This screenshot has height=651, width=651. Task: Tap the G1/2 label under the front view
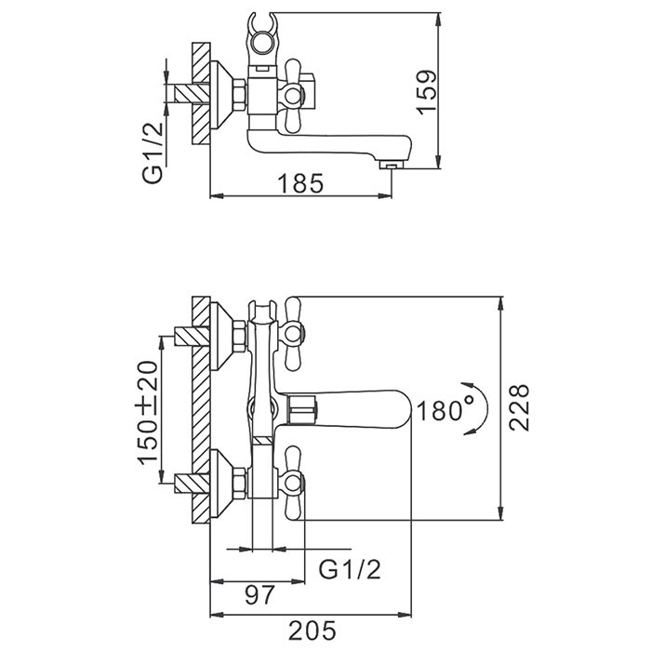pyautogui.click(x=350, y=566)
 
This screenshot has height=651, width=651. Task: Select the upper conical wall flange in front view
pyautogui.click(x=225, y=334)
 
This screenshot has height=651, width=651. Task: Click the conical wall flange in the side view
pyautogui.click(x=225, y=92)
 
